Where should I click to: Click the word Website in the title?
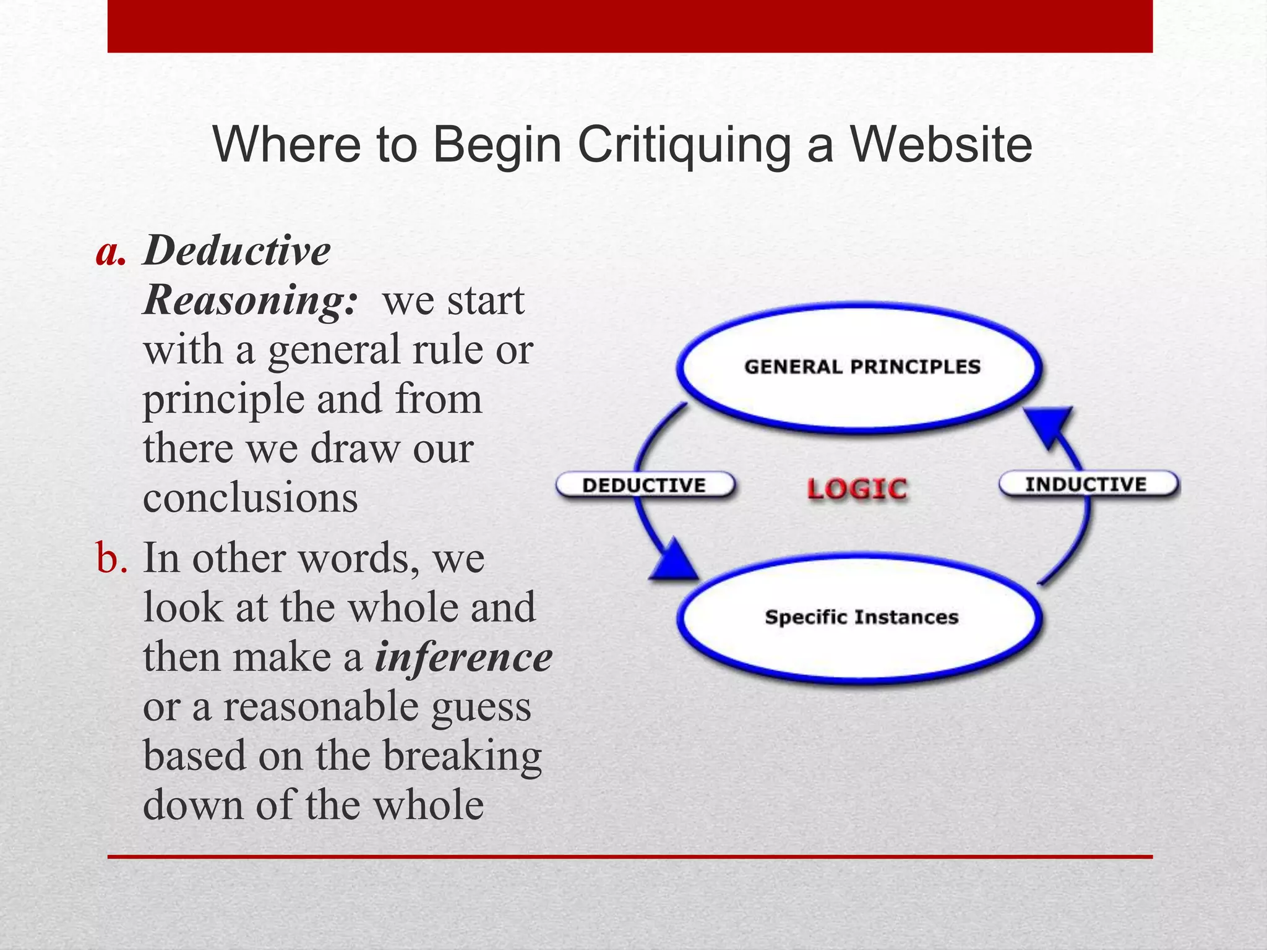(940, 145)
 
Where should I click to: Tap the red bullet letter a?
(111, 253)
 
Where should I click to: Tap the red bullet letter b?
(111, 558)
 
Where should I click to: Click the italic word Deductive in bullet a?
(237, 252)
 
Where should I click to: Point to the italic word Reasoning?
(250, 301)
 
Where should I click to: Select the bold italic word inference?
(463, 657)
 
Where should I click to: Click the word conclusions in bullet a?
(251, 498)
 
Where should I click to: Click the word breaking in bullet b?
(462, 756)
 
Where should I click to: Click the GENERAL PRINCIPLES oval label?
(862, 367)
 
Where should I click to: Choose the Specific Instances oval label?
(861, 617)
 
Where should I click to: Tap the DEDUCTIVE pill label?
(644, 486)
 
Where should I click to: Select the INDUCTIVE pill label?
(1086, 484)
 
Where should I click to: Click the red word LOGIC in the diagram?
(857, 489)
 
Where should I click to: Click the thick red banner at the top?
(630, 26)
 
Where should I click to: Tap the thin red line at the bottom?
(630, 857)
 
